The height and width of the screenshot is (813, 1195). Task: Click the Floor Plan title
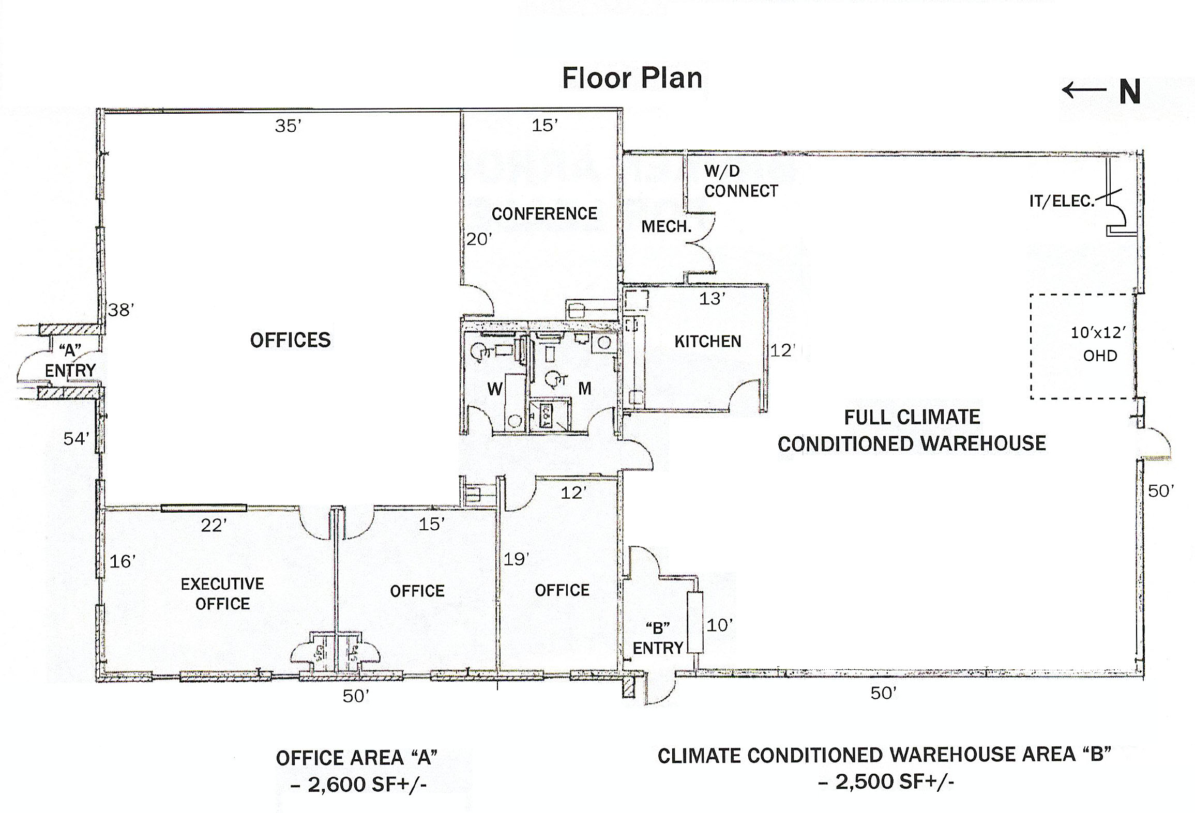(632, 79)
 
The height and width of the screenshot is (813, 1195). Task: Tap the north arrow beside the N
(1083, 90)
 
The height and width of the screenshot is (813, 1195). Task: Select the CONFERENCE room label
(544, 213)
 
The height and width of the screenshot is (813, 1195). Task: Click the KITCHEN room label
(708, 341)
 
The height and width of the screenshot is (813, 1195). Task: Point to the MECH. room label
(667, 226)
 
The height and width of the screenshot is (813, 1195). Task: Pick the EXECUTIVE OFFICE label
(222, 593)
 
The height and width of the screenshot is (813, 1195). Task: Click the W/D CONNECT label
(741, 181)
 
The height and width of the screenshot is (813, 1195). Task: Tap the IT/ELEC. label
(1062, 201)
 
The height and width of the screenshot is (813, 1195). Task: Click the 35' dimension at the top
(288, 126)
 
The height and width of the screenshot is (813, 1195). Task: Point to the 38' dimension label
(122, 310)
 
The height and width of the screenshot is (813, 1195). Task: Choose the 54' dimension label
(77, 439)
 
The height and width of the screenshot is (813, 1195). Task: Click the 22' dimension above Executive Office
(214, 525)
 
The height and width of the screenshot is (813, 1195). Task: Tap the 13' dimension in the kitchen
(713, 298)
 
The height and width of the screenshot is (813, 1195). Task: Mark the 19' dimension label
(517, 559)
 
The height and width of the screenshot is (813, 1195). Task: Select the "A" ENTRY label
(70, 360)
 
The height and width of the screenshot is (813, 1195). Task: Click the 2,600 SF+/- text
(359, 785)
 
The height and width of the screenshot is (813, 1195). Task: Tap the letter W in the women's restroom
(495, 389)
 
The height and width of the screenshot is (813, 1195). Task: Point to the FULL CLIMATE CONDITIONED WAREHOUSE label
(912, 430)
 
